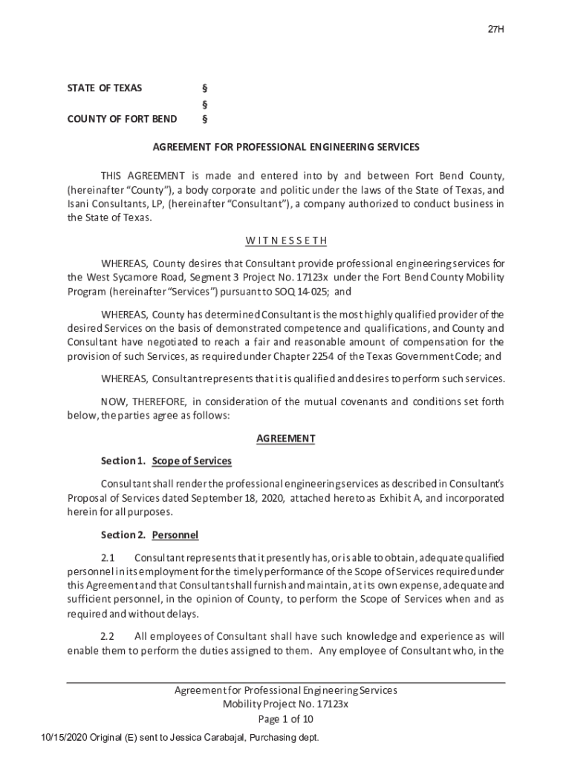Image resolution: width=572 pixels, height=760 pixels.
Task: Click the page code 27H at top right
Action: coord(496,30)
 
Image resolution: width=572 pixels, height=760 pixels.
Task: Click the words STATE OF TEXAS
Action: coord(105,88)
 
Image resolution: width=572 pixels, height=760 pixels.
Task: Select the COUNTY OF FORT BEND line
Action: coord(123,119)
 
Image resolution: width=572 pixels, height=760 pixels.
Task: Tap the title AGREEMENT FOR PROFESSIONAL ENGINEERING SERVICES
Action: coord(286,147)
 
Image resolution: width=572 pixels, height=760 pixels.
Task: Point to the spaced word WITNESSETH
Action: coord(286,241)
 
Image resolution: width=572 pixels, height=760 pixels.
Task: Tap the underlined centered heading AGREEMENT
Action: coord(286,439)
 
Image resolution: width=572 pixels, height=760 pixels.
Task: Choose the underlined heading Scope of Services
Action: coord(192,461)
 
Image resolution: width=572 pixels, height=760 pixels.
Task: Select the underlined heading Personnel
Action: coord(175,534)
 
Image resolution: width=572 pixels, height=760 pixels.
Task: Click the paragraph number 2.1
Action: coord(108,557)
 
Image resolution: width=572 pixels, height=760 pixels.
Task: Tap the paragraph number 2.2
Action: coord(108,637)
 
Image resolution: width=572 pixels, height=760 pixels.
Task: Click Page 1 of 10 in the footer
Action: coord(286,719)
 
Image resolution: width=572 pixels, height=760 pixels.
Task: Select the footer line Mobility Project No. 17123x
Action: coord(286,704)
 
